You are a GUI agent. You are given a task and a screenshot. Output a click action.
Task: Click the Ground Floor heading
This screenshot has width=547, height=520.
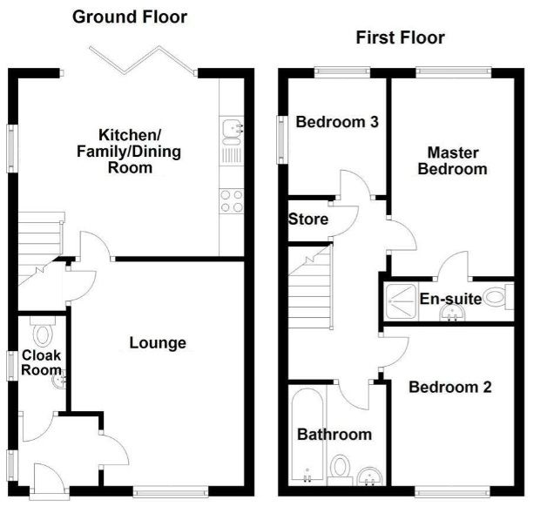point(130,17)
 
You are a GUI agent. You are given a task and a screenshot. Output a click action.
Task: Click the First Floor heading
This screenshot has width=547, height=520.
point(400,37)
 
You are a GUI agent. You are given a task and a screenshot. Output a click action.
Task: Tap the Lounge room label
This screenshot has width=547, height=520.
point(158,343)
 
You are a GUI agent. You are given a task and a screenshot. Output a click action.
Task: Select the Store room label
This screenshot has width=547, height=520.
point(308,219)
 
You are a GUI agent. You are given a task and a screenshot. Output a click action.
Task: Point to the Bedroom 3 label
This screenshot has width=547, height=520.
point(337,122)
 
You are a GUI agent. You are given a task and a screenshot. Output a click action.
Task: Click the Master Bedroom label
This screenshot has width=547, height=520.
point(452,161)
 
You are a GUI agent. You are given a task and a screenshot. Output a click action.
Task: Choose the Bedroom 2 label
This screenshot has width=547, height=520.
point(450,387)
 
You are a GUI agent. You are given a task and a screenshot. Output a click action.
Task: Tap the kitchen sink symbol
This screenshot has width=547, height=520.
point(232,140)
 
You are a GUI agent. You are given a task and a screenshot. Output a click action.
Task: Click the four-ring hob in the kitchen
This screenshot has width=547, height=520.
point(232,201)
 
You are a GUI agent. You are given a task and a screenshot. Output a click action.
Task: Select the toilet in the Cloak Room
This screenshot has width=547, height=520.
point(43,332)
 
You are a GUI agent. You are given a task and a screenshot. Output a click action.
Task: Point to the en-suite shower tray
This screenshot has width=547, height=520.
point(401,301)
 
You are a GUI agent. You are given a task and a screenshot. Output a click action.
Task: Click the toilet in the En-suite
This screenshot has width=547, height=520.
point(499,297)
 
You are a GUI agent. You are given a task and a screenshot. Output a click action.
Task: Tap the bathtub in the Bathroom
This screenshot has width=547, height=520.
point(307,436)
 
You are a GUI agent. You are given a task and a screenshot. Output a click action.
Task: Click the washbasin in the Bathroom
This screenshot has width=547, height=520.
point(369,476)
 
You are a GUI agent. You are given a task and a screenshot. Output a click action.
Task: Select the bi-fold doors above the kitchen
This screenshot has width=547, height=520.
point(143,60)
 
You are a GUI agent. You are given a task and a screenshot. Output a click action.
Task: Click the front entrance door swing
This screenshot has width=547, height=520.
point(49,479)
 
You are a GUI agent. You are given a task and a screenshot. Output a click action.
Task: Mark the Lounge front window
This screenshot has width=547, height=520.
point(171,492)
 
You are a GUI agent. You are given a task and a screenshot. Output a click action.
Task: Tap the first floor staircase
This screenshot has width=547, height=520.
point(310,287)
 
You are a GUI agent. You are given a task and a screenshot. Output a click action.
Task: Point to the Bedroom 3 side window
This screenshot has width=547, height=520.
point(282,140)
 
